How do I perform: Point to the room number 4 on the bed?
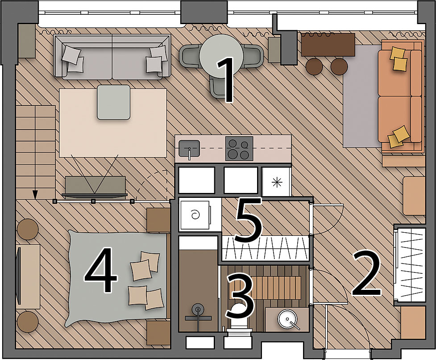point(101,270)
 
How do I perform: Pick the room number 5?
point(248,220)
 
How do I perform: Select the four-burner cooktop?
point(239,149)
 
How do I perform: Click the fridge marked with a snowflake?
point(277,181)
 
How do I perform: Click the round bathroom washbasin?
point(287,319)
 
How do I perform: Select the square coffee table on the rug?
point(113,102)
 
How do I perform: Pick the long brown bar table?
point(328,45)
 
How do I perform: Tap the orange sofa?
point(400,96)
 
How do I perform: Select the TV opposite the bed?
point(19,276)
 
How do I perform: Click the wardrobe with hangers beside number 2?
point(411,264)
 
